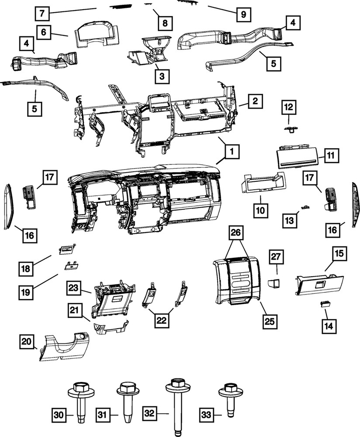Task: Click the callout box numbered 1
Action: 232,153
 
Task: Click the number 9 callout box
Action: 243,14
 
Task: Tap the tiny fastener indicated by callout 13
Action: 305,206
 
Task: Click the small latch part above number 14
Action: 325,304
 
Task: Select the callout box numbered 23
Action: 74,288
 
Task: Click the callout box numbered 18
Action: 26,267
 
